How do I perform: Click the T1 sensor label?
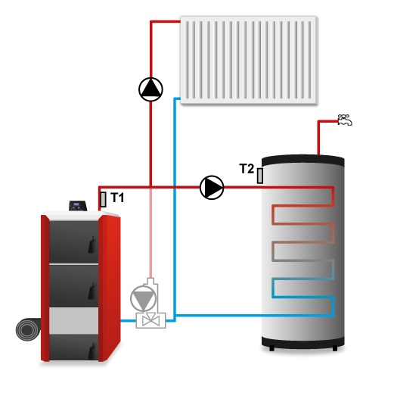117,198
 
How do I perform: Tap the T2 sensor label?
247,169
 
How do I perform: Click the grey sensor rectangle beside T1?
103,199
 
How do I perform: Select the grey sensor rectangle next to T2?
259,176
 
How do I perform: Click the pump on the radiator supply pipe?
150,89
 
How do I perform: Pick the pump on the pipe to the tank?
212,188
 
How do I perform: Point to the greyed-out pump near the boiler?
143,299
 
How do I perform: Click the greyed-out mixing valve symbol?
151,320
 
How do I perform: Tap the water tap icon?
345,120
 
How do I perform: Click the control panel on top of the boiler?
78,206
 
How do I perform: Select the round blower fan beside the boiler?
28,329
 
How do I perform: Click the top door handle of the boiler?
91,245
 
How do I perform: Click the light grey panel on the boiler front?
73,320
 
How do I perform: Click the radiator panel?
249,61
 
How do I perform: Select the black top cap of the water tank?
302,160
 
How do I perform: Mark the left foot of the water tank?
271,348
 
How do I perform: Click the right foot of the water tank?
335,348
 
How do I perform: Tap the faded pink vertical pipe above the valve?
150,233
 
